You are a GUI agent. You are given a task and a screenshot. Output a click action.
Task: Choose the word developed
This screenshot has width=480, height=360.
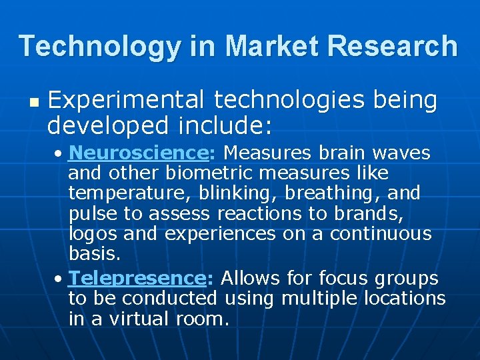coord(99,125)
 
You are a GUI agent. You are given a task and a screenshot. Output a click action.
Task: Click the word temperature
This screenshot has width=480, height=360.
coord(121,194)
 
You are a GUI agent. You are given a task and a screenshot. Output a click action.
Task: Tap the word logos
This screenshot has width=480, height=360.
coord(91,235)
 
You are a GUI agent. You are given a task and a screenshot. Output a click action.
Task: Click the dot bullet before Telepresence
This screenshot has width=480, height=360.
coord(60,279)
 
